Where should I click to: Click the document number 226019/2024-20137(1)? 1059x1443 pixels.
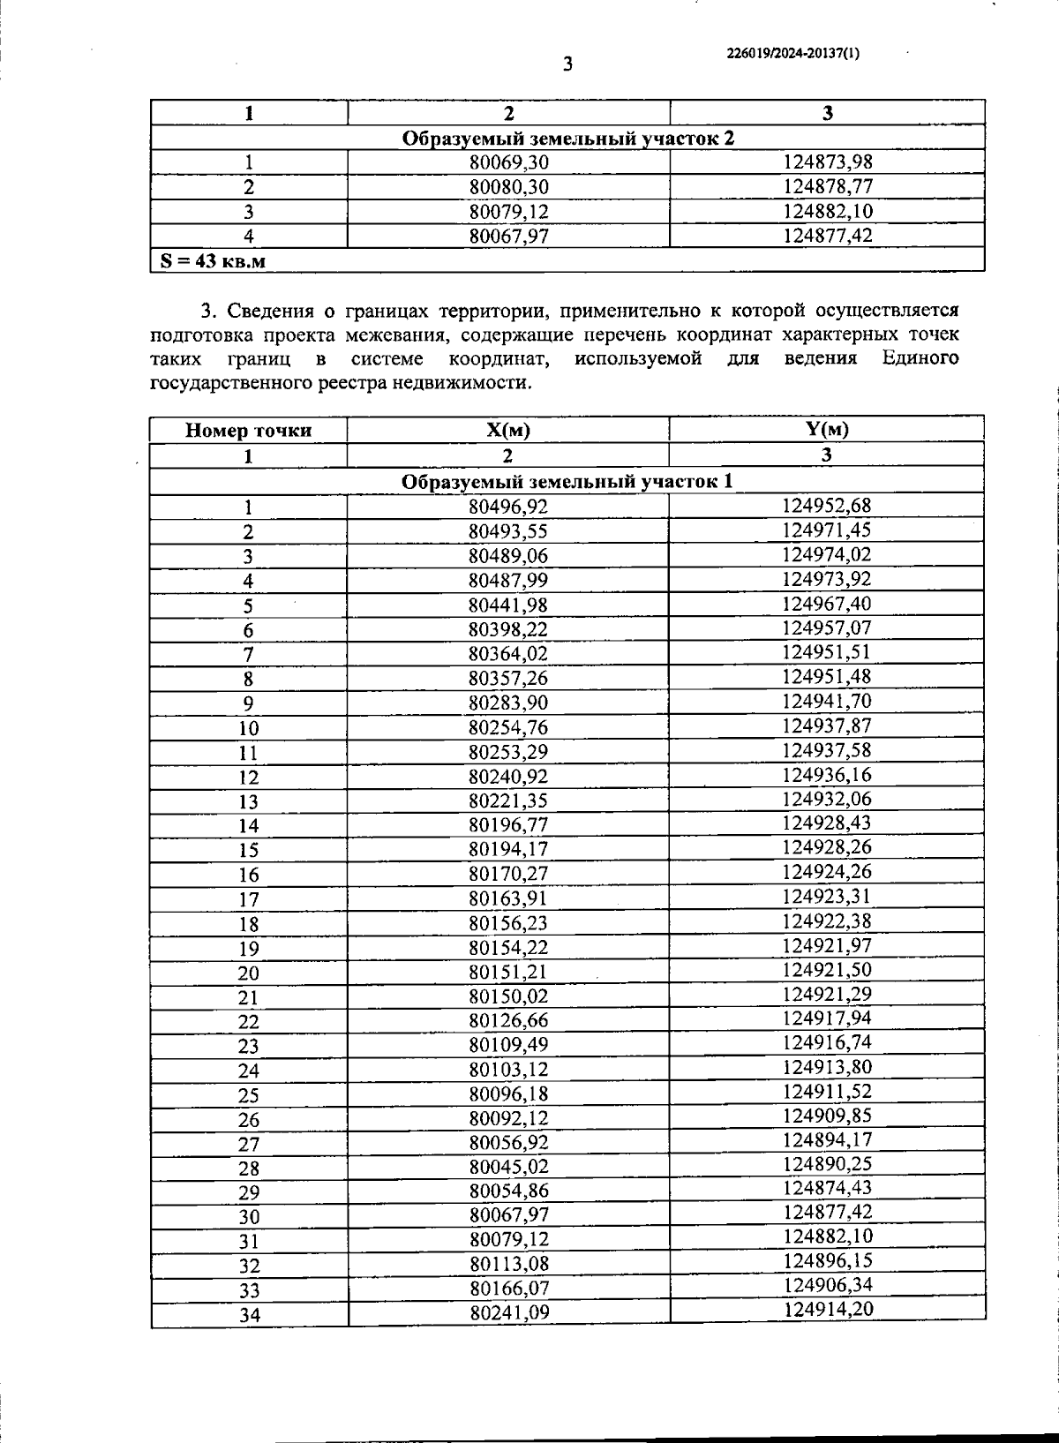click(x=792, y=53)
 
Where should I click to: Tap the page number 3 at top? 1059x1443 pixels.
click(x=567, y=64)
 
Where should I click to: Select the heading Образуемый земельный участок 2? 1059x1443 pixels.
click(x=567, y=139)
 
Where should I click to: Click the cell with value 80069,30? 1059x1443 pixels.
click(x=508, y=162)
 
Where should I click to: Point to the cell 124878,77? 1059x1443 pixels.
click(x=827, y=186)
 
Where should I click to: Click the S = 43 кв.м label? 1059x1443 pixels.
click(x=213, y=260)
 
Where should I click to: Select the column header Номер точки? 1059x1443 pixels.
click(x=248, y=431)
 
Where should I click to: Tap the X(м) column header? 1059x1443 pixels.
click(x=508, y=430)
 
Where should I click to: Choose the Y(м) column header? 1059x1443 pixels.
click(x=827, y=429)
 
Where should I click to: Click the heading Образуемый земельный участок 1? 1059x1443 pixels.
click(x=567, y=482)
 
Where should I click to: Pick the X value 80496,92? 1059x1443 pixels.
click(x=508, y=507)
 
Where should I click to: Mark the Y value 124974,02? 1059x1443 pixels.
click(x=827, y=554)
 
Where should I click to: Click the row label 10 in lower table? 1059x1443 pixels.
click(x=248, y=728)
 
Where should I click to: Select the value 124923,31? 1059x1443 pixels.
click(x=827, y=897)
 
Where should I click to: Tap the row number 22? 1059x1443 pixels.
click(x=248, y=1022)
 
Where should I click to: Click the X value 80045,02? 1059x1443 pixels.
click(x=508, y=1167)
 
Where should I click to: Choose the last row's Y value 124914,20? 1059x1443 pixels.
click(x=828, y=1309)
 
